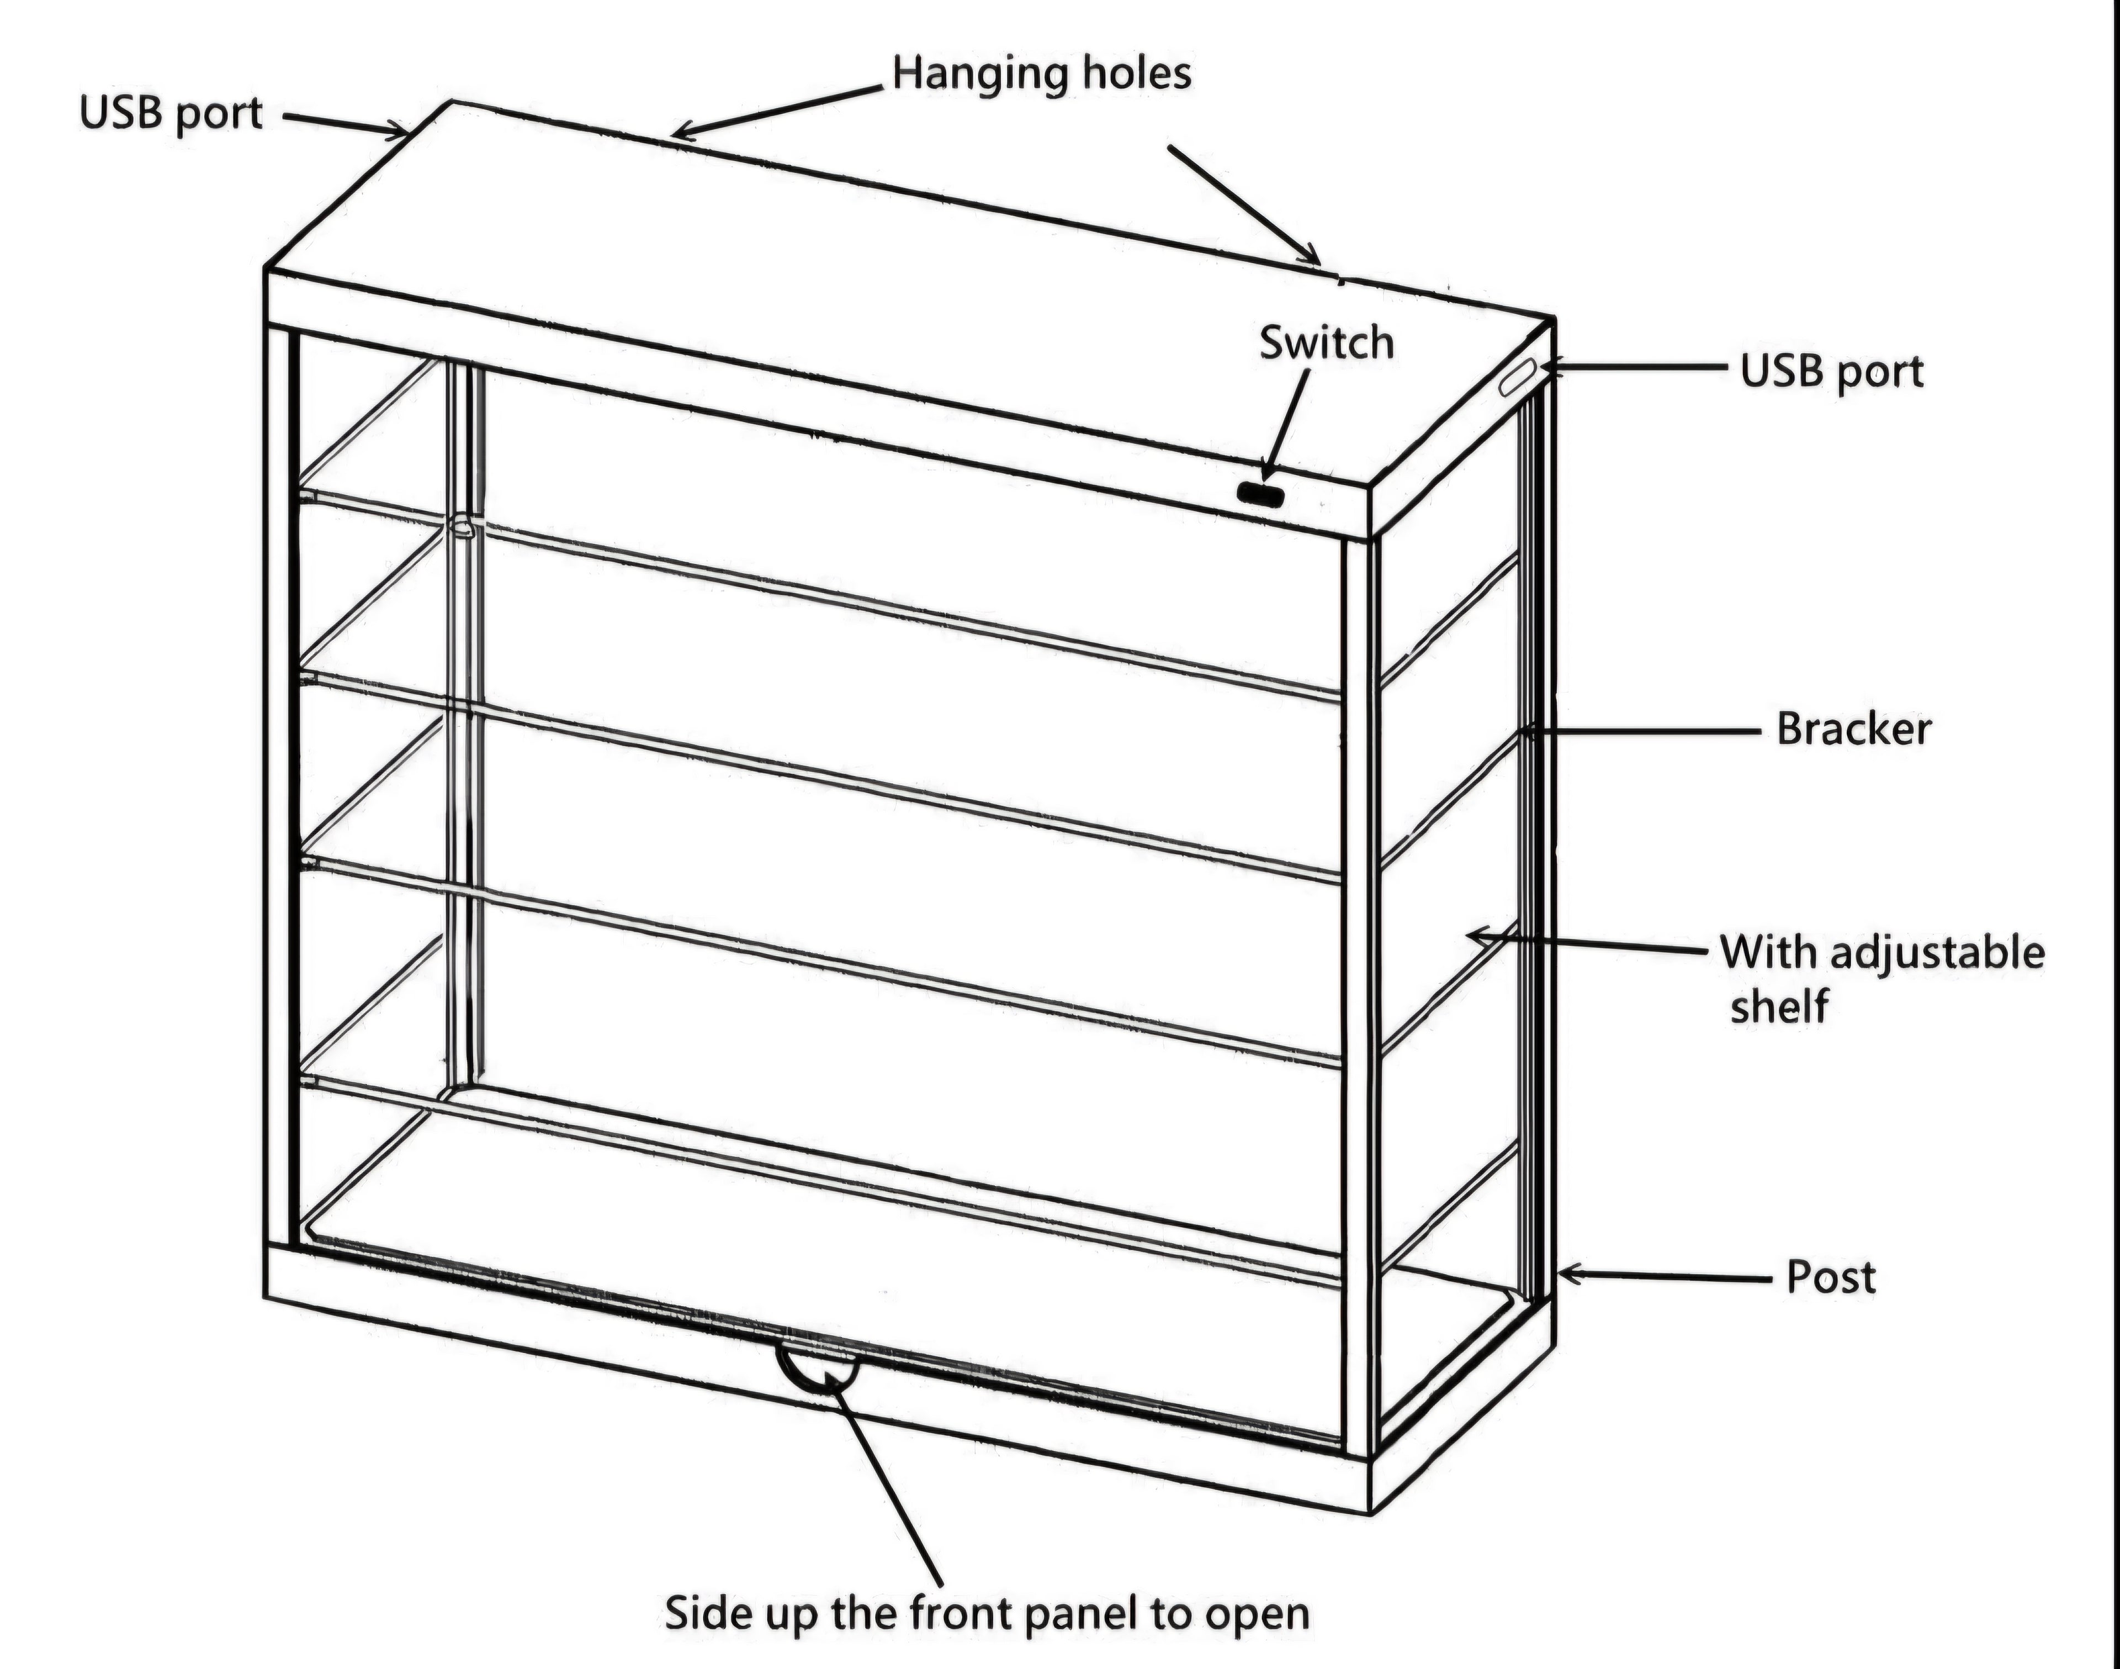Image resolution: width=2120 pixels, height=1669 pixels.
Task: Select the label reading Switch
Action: (1326, 343)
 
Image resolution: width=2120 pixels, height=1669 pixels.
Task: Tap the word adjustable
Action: (1937, 953)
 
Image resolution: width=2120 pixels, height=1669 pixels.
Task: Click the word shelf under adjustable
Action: (1778, 1006)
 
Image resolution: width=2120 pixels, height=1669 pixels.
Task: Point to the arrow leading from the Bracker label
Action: (1641, 731)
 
